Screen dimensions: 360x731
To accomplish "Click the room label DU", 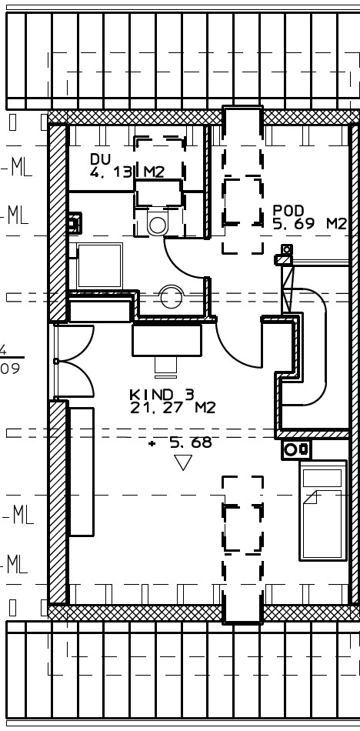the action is pyautogui.click(x=100, y=159).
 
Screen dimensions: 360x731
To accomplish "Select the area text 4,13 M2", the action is pyautogui.click(x=127, y=172).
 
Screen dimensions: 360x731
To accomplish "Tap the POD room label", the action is pyautogui.click(x=288, y=211).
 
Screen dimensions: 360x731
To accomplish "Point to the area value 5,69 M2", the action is pyautogui.click(x=310, y=224).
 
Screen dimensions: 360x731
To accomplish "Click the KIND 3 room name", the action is pyautogui.click(x=162, y=395).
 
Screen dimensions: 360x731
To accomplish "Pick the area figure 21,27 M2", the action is pyautogui.click(x=172, y=408).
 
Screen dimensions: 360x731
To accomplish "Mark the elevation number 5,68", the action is pyautogui.click(x=191, y=442).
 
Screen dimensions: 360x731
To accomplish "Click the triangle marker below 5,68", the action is pyautogui.click(x=183, y=462).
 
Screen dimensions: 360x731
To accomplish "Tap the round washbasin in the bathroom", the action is pyautogui.click(x=170, y=297).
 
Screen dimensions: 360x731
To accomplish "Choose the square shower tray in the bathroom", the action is pyautogui.click(x=100, y=265).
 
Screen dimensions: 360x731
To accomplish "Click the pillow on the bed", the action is pyautogui.click(x=322, y=478).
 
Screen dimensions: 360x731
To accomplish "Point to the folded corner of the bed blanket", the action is pyautogui.click(x=311, y=497).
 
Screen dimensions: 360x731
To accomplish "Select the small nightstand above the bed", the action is pyautogui.click(x=296, y=449).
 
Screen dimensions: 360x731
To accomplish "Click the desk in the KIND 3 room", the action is pyautogui.click(x=167, y=340).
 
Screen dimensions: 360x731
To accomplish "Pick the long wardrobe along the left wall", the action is pyautogui.click(x=82, y=472).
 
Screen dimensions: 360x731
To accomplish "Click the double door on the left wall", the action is pyautogui.click(x=74, y=362).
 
